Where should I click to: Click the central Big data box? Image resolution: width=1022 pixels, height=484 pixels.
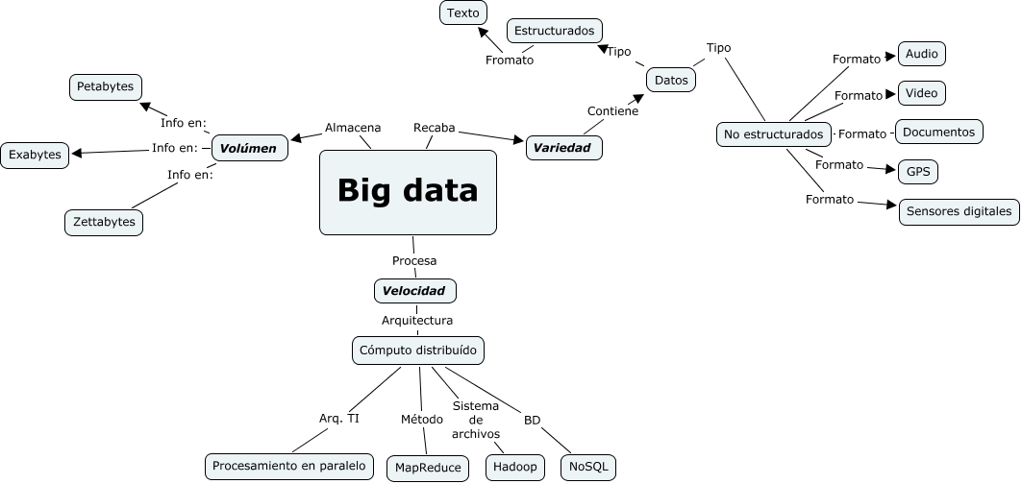point(408,192)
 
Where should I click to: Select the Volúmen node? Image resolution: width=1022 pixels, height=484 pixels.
point(249,148)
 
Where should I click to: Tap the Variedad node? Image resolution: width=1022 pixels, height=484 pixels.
point(563,148)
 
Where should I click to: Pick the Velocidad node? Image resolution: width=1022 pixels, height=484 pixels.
point(413,290)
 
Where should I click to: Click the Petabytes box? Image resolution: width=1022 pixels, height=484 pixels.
point(106,87)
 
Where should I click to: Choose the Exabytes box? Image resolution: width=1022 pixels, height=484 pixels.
point(35,154)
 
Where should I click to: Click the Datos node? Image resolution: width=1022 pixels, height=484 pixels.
point(671,80)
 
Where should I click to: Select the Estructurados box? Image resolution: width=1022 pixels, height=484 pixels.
point(554,31)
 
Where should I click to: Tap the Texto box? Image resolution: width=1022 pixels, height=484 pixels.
point(462,12)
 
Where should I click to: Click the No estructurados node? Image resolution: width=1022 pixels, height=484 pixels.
point(773,134)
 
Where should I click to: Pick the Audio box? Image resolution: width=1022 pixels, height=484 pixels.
point(921,54)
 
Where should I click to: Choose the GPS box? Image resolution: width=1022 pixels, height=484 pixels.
point(916,172)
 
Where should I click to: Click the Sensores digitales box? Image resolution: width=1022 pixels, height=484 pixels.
point(959,211)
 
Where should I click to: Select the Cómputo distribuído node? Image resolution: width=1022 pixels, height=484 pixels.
point(417,351)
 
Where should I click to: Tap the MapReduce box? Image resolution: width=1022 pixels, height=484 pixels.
point(427,468)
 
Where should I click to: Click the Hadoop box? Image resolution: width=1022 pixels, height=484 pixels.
point(514,468)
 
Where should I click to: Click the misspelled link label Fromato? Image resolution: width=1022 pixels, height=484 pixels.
point(510,60)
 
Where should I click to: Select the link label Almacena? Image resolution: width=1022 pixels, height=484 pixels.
point(353,128)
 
